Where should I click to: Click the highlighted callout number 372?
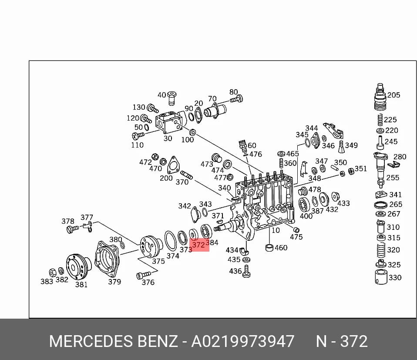tap(198, 245)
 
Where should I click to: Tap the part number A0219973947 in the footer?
tap(243, 341)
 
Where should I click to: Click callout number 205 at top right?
tap(393, 95)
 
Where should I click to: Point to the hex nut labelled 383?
tap(52, 273)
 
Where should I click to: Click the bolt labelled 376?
tap(143, 275)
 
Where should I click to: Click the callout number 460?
tap(281, 248)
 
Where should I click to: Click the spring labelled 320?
tap(381, 250)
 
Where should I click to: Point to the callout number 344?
tap(311, 128)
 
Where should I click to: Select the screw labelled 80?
tap(236, 99)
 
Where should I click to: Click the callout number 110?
tap(137, 145)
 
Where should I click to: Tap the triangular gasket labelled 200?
tap(173, 165)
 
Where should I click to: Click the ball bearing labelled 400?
tap(303, 205)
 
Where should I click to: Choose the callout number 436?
tap(235, 271)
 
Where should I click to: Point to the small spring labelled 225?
tap(380, 120)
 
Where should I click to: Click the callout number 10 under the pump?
tap(276, 230)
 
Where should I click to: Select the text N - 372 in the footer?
tap(342, 341)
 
